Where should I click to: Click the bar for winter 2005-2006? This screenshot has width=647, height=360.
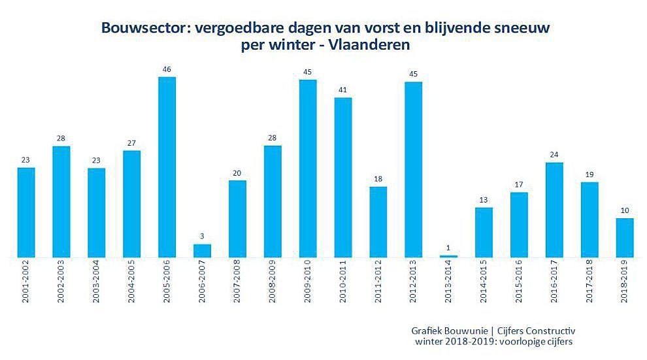pyautogui.click(x=167, y=167)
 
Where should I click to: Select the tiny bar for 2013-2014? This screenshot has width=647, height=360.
pyautogui.click(x=449, y=256)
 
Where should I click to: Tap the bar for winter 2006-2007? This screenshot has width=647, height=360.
pyautogui.click(x=203, y=251)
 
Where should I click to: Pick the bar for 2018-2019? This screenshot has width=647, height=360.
pyautogui.click(x=625, y=238)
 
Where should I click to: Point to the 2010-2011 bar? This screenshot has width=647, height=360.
pyautogui.click(x=343, y=178)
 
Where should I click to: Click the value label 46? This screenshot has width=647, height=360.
pyautogui.click(x=167, y=69)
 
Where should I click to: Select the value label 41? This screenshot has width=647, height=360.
pyautogui.click(x=343, y=90)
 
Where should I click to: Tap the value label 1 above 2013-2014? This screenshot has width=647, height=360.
pyautogui.click(x=449, y=247)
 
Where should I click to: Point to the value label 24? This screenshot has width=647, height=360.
pyautogui.click(x=555, y=155)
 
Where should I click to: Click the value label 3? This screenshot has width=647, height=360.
pyautogui.click(x=203, y=237)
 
